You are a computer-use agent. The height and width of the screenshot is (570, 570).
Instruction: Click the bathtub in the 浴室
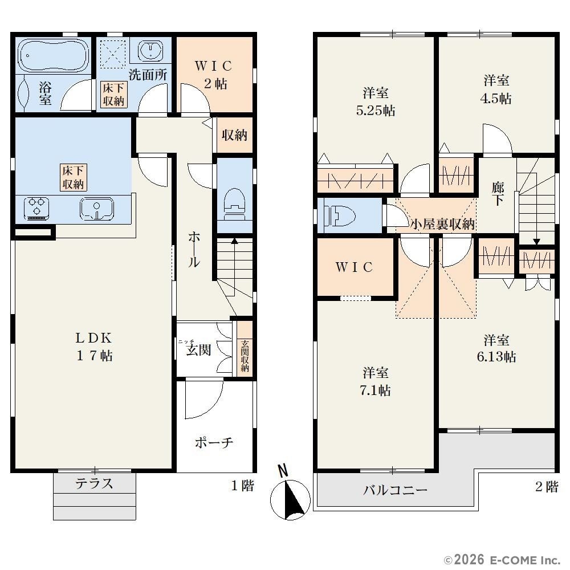[53, 56]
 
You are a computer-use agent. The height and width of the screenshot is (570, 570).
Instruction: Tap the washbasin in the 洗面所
[150, 50]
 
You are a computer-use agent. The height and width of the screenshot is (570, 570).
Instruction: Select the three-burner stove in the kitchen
[36, 208]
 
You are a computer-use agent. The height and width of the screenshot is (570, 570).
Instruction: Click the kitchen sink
[97, 209]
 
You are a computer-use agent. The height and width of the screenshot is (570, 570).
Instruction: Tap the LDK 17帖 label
[94, 347]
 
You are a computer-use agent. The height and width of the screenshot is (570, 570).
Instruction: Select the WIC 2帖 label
[214, 75]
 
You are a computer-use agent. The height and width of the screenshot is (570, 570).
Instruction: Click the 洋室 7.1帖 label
[376, 381]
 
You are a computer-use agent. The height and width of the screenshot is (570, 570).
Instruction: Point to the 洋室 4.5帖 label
[496, 89]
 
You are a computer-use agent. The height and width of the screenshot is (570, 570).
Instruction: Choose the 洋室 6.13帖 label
[496, 349]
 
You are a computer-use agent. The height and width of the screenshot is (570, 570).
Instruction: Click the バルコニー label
[395, 490]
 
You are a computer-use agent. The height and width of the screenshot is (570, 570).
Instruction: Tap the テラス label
[94, 483]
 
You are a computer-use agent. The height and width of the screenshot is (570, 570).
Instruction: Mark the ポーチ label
[214, 442]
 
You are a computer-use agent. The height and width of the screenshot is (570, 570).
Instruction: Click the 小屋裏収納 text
[442, 224]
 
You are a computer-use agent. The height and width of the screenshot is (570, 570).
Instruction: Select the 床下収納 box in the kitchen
[73, 177]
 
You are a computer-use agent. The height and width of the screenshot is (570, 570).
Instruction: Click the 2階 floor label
[547, 486]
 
